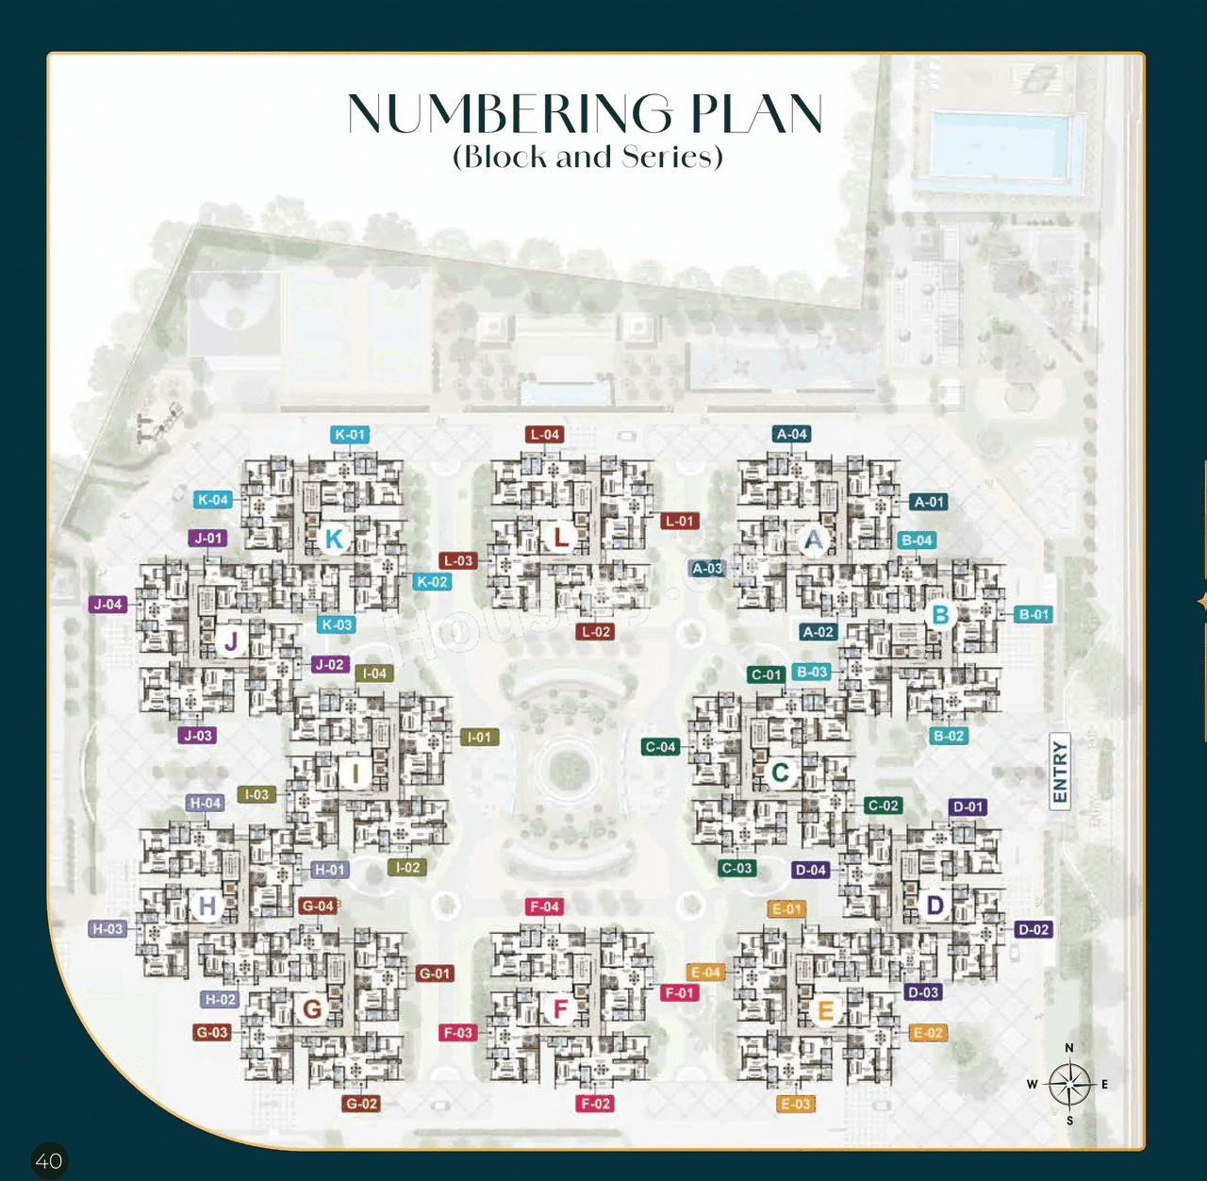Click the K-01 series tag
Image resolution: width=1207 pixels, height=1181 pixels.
[x=350, y=435]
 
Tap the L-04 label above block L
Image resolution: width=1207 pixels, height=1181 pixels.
[x=545, y=435]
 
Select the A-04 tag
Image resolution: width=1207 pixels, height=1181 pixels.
[x=792, y=434]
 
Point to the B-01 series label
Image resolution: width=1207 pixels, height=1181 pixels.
[x=1034, y=614]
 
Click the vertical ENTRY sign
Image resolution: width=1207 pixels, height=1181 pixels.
[x=1060, y=772]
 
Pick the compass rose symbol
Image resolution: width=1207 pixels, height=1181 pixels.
[x=1069, y=1085]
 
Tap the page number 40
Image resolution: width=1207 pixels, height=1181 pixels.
[x=49, y=1160]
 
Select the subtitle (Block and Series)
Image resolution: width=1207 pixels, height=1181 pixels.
[x=587, y=157]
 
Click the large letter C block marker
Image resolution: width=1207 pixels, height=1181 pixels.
[x=780, y=773]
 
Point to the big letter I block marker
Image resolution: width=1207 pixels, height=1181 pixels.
[x=355, y=773]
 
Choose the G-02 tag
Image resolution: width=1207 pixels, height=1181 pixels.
[x=362, y=1104]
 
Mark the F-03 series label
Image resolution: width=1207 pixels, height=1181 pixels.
[x=458, y=1033]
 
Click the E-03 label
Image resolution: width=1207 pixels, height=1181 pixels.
[x=796, y=1104]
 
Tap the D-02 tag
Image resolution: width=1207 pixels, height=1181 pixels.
[x=1033, y=930]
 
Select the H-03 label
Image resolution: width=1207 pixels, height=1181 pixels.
[x=107, y=929]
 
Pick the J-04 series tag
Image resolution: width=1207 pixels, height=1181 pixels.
[x=108, y=605]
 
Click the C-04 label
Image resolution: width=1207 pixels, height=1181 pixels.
[x=660, y=747]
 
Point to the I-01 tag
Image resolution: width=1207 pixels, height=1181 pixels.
[x=480, y=737]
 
